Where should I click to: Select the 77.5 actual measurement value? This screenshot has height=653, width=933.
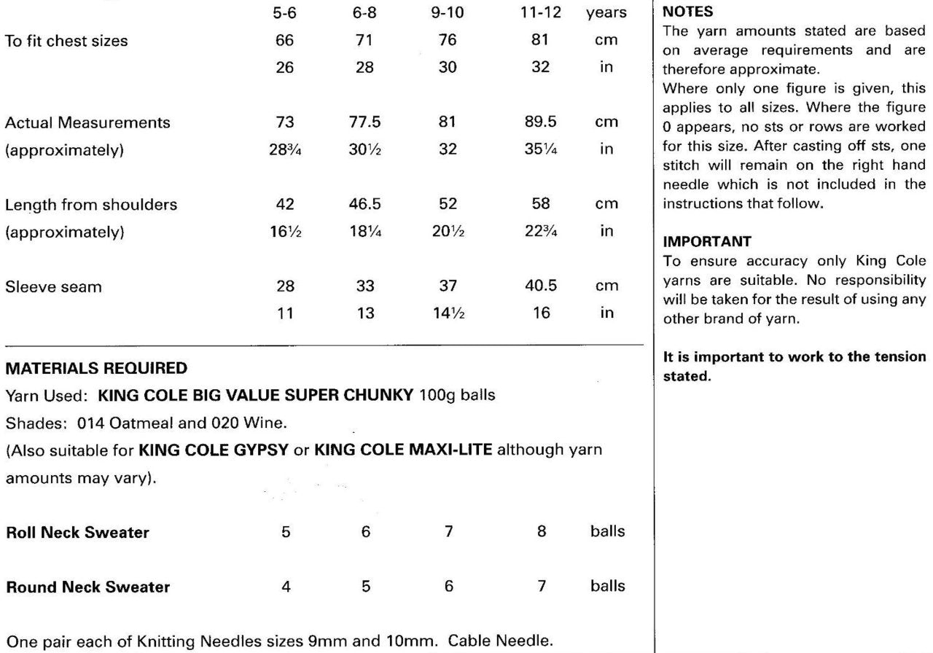click(366, 122)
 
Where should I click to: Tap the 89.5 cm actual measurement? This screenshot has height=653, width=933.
click(541, 122)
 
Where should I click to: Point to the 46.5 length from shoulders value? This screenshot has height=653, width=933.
click(366, 205)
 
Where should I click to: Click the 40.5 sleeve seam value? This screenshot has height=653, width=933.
click(541, 286)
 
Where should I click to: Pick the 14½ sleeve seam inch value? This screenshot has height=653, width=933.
click(448, 313)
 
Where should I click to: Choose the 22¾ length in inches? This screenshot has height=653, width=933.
click(541, 232)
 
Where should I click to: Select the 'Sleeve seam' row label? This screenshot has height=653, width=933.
click(43, 286)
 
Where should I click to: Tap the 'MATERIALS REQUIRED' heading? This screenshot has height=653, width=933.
click(96, 368)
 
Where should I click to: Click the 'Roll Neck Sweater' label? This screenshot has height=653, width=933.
click(77, 532)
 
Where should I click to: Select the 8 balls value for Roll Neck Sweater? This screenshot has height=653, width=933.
click(541, 531)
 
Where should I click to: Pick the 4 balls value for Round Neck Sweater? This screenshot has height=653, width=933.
click(286, 586)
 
